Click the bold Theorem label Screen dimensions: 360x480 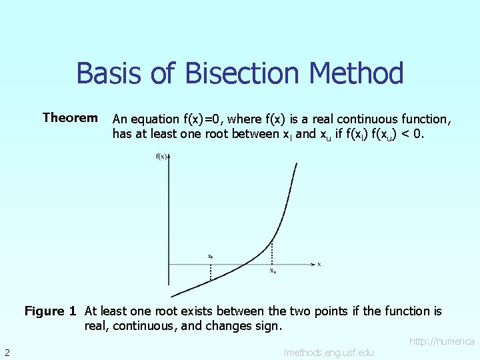click(x=70, y=118)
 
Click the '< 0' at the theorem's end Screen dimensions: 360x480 click(x=413, y=133)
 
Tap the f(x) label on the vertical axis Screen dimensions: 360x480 click(x=161, y=157)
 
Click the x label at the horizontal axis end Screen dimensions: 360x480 click(x=319, y=264)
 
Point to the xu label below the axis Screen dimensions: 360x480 click(x=273, y=271)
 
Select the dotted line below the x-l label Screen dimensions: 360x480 click(x=211, y=272)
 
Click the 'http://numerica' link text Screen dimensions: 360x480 click(x=441, y=341)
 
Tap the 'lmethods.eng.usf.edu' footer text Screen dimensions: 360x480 click(x=329, y=352)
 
